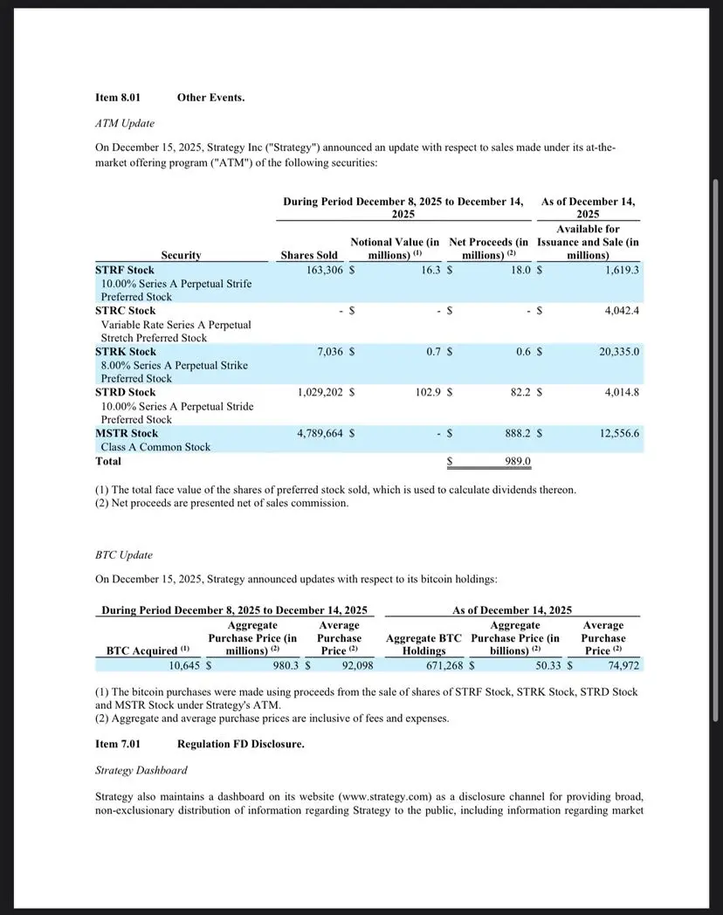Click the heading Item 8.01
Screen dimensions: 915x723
point(118,97)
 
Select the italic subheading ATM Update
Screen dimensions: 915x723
point(125,123)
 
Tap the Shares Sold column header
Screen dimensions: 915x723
point(309,255)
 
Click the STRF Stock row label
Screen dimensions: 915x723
point(125,270)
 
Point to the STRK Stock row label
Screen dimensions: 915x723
point(126,351)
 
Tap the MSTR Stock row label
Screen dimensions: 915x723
point(127,433)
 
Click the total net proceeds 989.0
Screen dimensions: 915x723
point(518,461)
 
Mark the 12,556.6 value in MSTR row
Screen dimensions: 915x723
point(619,433)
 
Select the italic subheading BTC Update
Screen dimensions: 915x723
point(124,554)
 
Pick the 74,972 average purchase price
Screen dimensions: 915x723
point(623,665)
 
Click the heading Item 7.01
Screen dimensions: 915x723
point(118,744)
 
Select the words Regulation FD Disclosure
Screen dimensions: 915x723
point(241,744)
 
